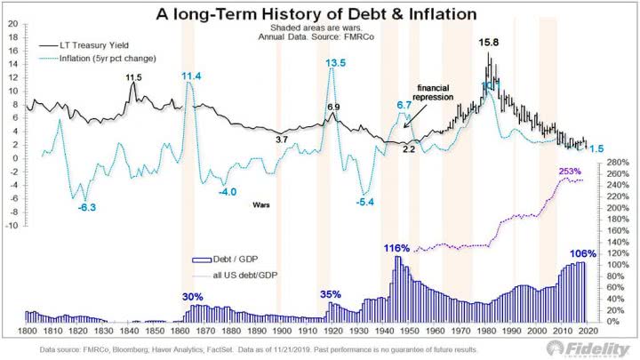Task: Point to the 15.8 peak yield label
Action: [490, 42]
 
